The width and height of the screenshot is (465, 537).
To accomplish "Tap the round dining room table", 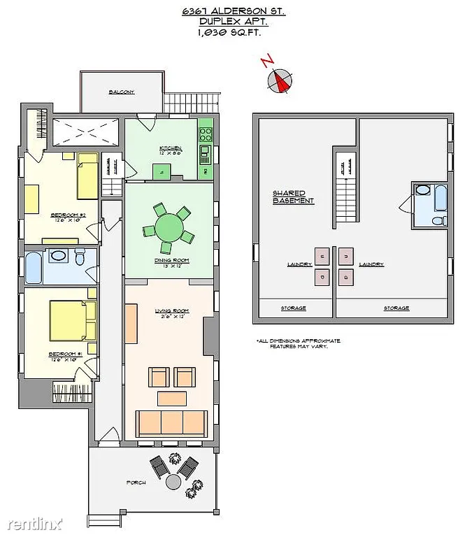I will click(x=169, y=227).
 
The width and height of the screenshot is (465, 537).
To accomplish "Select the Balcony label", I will click(x=121, y=92).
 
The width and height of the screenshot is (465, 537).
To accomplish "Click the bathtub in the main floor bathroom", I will click(x=34, y=266).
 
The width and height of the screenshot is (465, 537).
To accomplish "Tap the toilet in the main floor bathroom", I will click(x=80, y=258).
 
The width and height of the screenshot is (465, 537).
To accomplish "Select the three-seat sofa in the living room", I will click(x=171, y=423).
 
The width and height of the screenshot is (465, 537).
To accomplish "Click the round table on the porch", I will click(x=173, y=482).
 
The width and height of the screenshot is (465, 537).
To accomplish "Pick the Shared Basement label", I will click(x=293, y=197).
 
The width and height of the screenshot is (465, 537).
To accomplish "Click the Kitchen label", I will click(x=171, y=148).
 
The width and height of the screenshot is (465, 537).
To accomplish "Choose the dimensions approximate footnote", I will click(x=299, y=343).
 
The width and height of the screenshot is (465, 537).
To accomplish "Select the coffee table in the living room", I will click(x=171, y=399).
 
